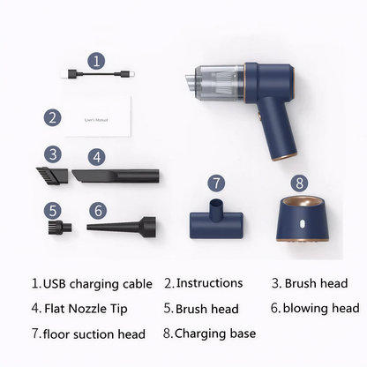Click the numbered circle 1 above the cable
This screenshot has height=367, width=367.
pos(96,61)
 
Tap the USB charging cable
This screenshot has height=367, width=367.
pos(98,74)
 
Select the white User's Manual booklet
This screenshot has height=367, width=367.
pos(98,116)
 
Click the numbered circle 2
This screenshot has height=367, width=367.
pos(53,117)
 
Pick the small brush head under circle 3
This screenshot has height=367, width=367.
pos(52,175)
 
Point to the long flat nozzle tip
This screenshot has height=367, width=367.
pos(116,176)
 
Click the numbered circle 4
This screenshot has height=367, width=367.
pos(97,157)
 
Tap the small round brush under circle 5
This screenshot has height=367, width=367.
pos(60,228)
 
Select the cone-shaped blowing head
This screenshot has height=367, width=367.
pos(121,227)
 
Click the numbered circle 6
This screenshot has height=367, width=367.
pos(98,210)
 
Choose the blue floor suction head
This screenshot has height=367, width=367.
pos(216,219)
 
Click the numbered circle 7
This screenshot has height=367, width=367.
pos(216,183)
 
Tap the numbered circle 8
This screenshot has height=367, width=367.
pos(299,183)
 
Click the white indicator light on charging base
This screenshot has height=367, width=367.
pos(302,224)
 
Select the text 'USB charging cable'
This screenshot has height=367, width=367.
pos(98,284)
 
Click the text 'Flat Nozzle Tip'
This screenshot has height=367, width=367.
pos(86,309)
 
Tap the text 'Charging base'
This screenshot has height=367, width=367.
pos(215,333)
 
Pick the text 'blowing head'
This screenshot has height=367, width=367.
pos(321,308)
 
